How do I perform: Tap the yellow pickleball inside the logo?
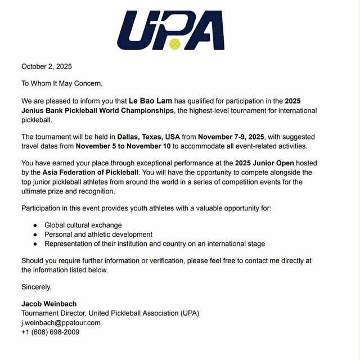tap(174, 43)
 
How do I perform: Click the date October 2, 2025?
tap(47, 67)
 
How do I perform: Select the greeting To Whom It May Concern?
tap(62, 84)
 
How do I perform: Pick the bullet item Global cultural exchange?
tap(83, 225)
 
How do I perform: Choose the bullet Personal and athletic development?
tap(98, 235)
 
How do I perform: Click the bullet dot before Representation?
tap(35, 244)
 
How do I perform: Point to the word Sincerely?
tap(37, 287)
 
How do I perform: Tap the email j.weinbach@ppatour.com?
tap(61, 323)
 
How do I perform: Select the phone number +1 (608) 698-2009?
tap(50, 332)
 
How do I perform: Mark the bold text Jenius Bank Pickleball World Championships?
tap(97, 111)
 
